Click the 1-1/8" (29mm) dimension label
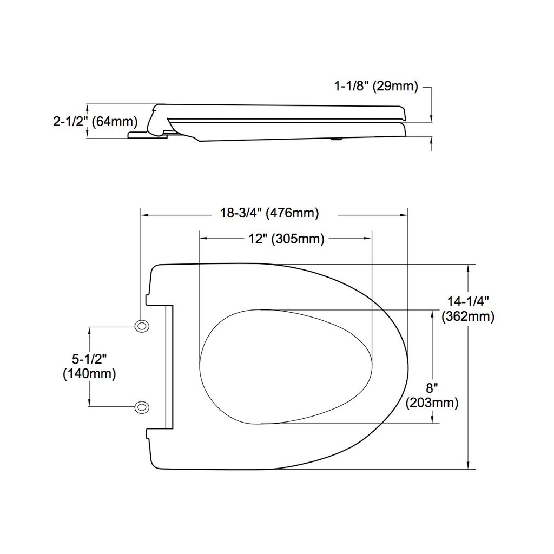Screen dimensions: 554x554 [376, 86]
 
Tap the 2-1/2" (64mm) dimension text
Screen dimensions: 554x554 [95, 122]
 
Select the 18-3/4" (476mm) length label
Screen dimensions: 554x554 [269, 213]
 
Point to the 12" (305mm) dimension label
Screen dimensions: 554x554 [286, 239]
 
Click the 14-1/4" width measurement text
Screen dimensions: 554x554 [468, 301]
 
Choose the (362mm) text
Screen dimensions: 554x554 [468, 316]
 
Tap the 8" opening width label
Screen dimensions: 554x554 [432, 388]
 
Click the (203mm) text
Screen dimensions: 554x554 [432, 403]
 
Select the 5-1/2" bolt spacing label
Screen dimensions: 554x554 [89, 359]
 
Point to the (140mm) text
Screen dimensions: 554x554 [89, 373]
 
